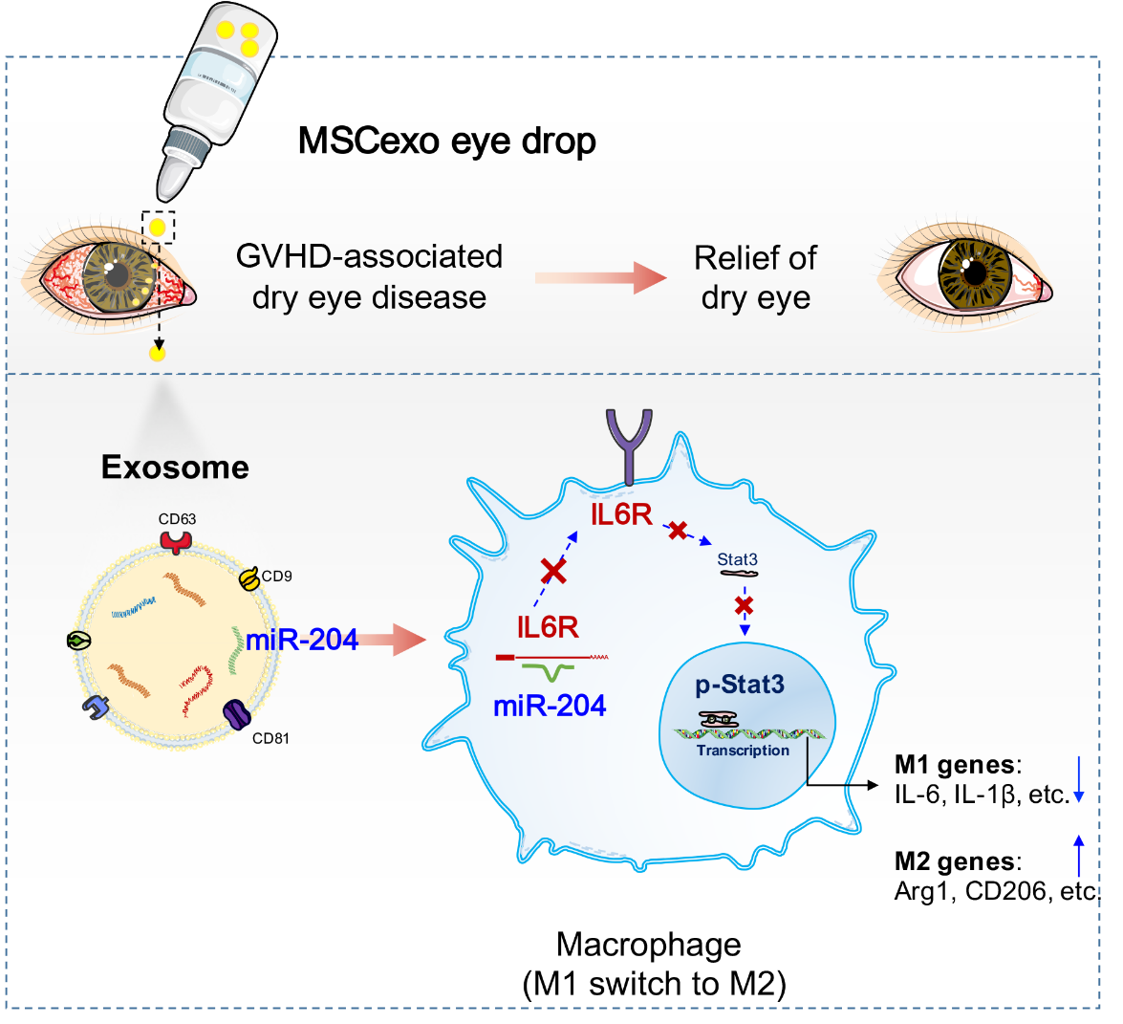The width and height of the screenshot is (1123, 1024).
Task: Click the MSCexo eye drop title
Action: (x=447, y=142)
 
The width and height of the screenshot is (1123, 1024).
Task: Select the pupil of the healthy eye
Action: (x=975, y=273)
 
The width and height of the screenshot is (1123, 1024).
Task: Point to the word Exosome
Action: (x=176, y=468)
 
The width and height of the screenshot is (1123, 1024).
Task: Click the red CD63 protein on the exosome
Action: (x=176, y=541)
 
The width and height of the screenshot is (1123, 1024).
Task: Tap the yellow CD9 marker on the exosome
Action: (x=249, y=578)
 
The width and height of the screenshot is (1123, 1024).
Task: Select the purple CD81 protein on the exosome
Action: (x=236, y=713)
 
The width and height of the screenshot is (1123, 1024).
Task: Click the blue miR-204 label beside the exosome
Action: (x=301, y=640)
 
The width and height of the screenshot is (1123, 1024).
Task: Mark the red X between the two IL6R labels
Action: (x=553, y=571)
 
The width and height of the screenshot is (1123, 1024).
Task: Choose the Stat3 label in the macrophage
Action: (x=738, y=559)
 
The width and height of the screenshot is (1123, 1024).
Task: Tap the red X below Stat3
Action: (x=745, y=605)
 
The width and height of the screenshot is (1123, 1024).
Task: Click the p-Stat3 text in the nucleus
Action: (x=740, y=685)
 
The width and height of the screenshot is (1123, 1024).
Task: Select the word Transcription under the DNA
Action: (x=743, y=751)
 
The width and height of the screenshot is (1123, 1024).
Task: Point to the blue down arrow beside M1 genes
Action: (x=1079, y=779)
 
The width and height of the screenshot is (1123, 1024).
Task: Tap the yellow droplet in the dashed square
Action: (x=158, y=229)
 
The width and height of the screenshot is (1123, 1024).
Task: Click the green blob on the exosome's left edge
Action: (x=78, y=641)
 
